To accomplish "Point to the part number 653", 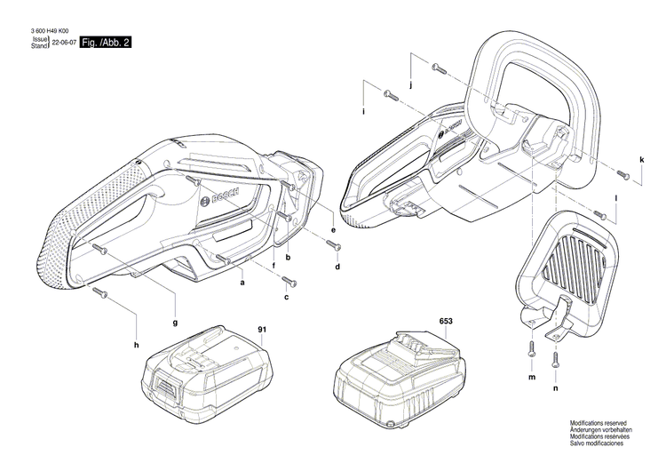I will click(445, 320).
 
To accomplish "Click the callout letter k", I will click(641, 160).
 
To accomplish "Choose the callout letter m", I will click(531, 378).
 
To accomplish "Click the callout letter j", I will click(411, 85).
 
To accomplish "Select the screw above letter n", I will click(556, 358).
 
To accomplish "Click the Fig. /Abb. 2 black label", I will click(105, 43).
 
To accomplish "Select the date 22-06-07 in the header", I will click(62, 43).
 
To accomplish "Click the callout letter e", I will click(333, 230).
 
